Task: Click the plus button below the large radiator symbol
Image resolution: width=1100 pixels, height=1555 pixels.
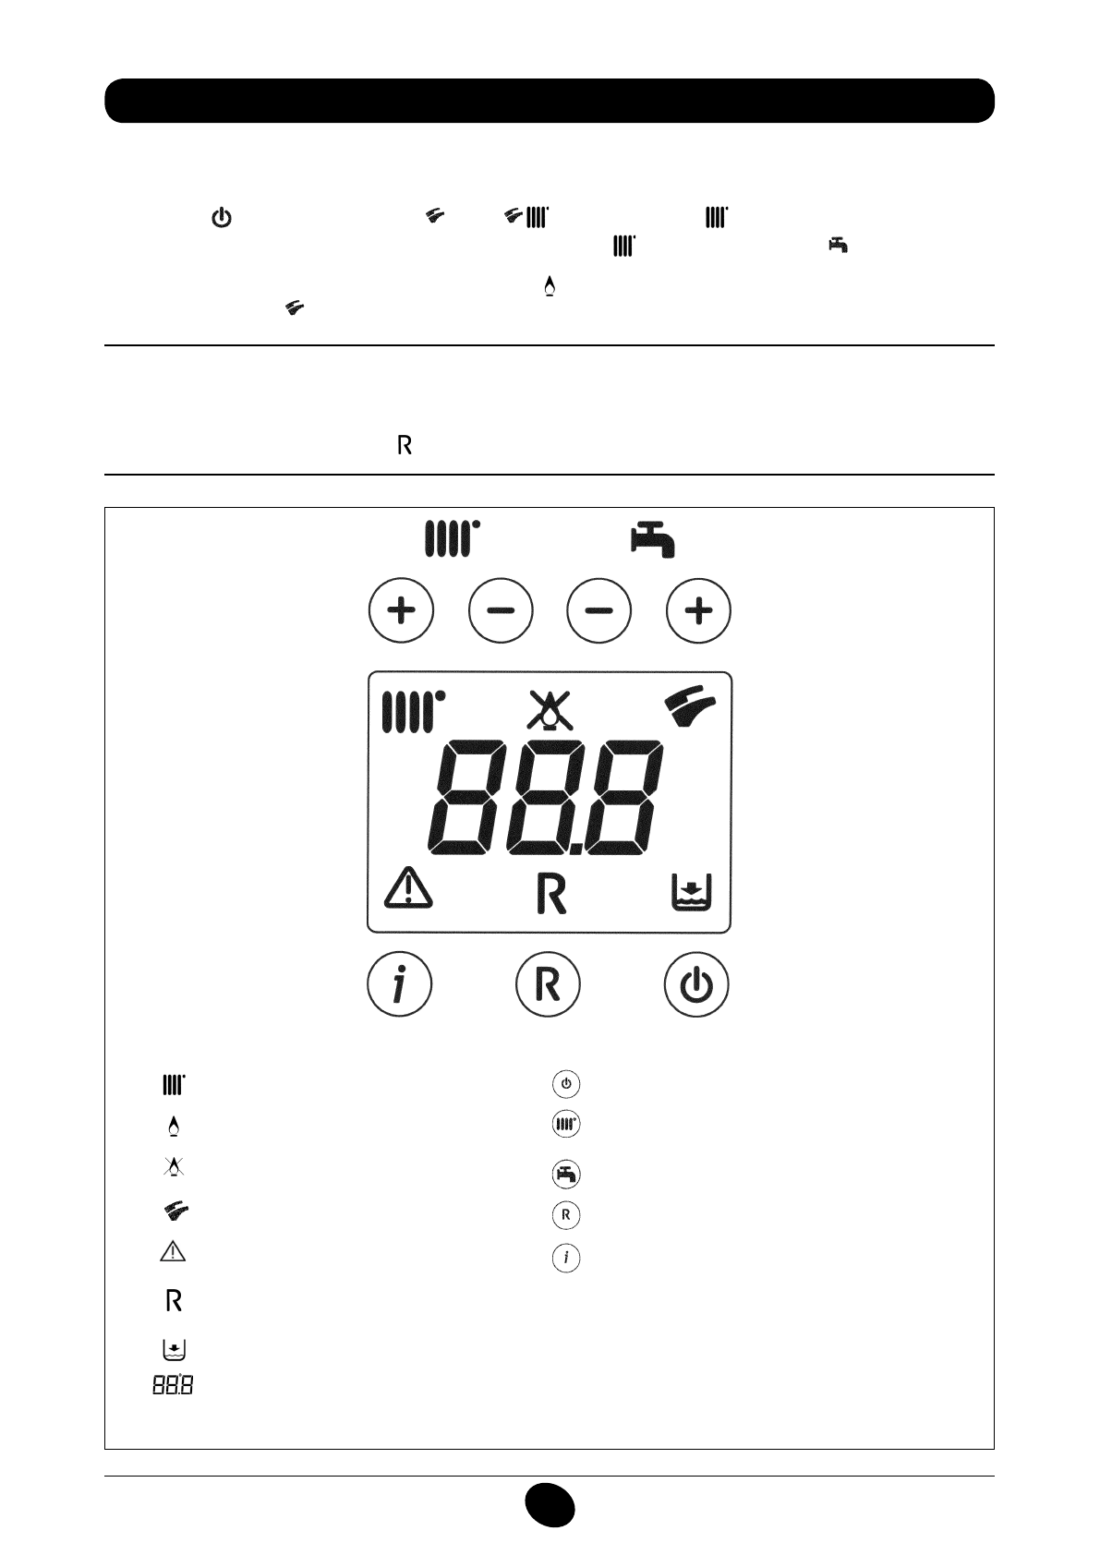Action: (x=401, y=610)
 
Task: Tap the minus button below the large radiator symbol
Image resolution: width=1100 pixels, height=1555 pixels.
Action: (x=501, y=610)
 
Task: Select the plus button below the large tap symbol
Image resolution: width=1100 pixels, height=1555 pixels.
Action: (x=699, y=610)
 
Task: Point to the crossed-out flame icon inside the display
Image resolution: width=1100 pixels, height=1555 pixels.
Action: (x=550, y=711)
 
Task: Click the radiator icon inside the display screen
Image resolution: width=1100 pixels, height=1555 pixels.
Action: (x=413, y=711)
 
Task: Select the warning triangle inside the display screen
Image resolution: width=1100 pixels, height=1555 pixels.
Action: (x=408, y=889)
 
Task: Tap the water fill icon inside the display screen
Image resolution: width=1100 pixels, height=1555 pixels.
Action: (x=690, y=894)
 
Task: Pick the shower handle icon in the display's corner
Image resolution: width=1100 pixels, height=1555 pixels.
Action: (x=691, y=707)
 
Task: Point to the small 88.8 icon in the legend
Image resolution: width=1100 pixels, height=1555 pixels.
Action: (x=174, y=1386)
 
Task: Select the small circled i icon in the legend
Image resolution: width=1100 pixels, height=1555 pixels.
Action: (x=566, y=1258)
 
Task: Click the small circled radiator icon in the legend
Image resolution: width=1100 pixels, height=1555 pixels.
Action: (x=566, y=1125)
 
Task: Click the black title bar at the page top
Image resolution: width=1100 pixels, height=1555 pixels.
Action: (x=550, y=101)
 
